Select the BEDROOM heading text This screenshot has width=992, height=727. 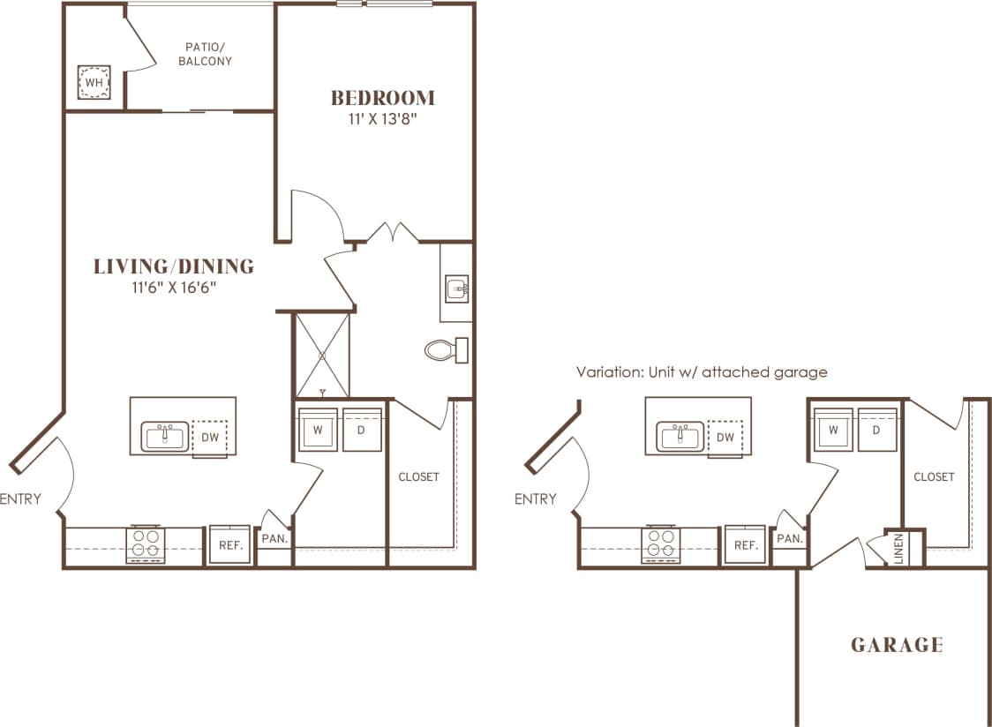(x=382, y=97)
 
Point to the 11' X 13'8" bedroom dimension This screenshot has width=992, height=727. (x=382, y=119)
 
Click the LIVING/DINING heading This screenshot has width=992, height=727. (x=174, y=266)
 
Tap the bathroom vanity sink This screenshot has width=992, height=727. (x=456, y=289)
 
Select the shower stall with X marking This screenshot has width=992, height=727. (x=322, y=356)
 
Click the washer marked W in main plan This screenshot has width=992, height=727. (x=317, y=431)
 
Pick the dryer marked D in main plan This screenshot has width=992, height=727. (x=362, y=431)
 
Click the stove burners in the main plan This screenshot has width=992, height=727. (x=146, y=544)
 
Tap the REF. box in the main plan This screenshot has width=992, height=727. (x=231, y=545)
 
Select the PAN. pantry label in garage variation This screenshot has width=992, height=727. (x=789, y=538)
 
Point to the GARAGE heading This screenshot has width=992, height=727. (x=897, y=645)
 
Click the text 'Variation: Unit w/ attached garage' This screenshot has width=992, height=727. (x=702, y=371)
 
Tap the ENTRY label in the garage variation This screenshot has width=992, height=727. (x=536, y=499)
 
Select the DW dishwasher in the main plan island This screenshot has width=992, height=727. (x=210, y=437)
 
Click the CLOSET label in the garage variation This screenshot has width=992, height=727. (x=934, y=476)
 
